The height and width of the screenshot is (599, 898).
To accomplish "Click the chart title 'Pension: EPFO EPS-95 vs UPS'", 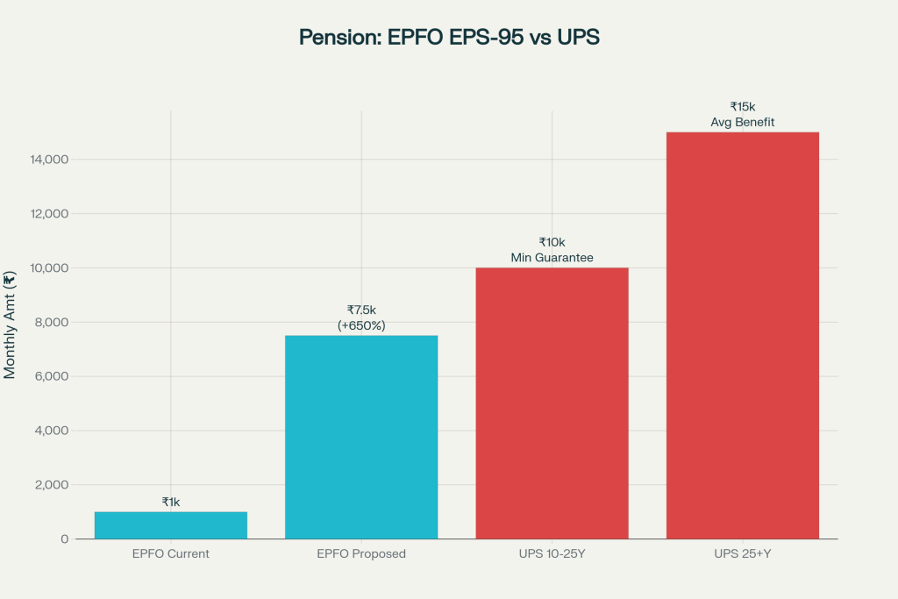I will click(x=449, y=38).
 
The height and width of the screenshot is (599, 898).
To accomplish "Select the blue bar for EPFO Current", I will click(x=171, y=525).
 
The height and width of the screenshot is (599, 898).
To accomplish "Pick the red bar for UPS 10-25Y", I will click(x=552, y=403).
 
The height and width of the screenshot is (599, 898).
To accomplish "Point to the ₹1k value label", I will click(x=171, y=502).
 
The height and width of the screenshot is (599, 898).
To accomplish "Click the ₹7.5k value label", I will click(x=361, y=310).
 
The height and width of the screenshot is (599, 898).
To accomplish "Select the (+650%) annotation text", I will click(x=361, y=325).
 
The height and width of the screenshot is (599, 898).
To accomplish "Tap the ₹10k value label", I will click(x=552, y=242).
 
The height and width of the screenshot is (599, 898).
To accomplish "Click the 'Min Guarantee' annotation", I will click(x=552, y=258).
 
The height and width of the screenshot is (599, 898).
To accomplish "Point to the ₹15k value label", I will click(x=743, y=106).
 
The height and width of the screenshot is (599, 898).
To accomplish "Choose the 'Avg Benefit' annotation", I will click(x=743, y=122).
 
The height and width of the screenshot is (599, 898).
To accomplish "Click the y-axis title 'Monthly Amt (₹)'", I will click(x=11, y=325).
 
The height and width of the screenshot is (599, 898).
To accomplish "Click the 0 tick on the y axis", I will click(x=64, y=539).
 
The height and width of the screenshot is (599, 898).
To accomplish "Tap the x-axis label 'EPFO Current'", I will click(x=171, y=554).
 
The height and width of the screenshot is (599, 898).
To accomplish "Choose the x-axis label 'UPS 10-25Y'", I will click(x=552, y=554).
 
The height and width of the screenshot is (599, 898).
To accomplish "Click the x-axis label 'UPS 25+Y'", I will click(x=743, y=554).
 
